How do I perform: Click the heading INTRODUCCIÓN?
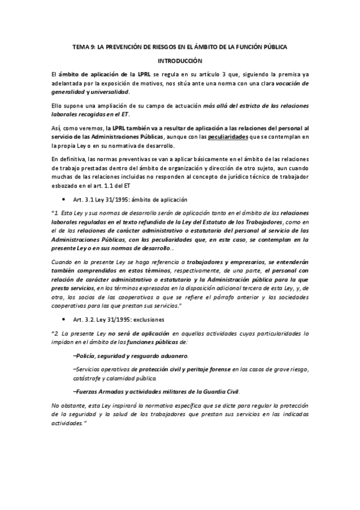click(180, 61)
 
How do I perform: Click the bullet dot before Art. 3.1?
click(64, 199)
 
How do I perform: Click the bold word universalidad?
click(110, 91)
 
